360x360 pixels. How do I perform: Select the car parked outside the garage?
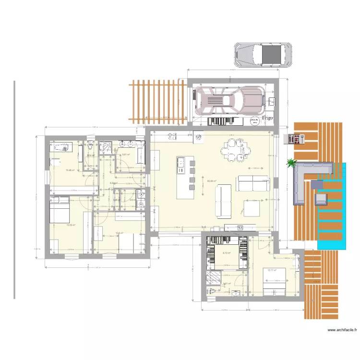pos(264,54)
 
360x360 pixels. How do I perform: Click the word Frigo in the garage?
pos(267,118)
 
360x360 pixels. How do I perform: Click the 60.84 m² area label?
pos(211,181)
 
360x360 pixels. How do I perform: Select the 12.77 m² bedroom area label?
pos(273,270)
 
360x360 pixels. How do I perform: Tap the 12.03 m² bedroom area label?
pos(70,225)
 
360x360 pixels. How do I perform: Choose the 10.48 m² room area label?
pos(70,170)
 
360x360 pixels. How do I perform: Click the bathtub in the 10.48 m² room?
pos(60,147)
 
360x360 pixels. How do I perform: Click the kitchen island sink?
pos(181,164)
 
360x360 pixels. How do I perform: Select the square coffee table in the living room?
pos(252,207)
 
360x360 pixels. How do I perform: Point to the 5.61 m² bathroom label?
pos(126,155)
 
